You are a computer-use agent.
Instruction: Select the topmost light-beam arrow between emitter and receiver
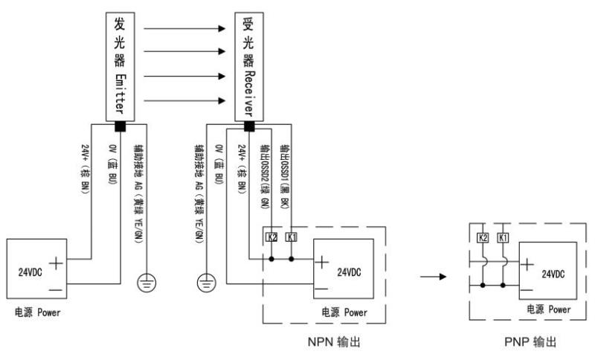point(183,29)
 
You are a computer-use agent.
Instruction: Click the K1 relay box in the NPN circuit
point(291,237)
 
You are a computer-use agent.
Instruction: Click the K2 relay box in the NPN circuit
point(272,237)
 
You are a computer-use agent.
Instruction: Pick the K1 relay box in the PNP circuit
point(504,237)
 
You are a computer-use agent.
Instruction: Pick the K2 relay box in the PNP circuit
point(483,237)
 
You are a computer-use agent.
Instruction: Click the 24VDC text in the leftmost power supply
point(28,271)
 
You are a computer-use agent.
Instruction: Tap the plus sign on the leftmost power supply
point(58,261)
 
